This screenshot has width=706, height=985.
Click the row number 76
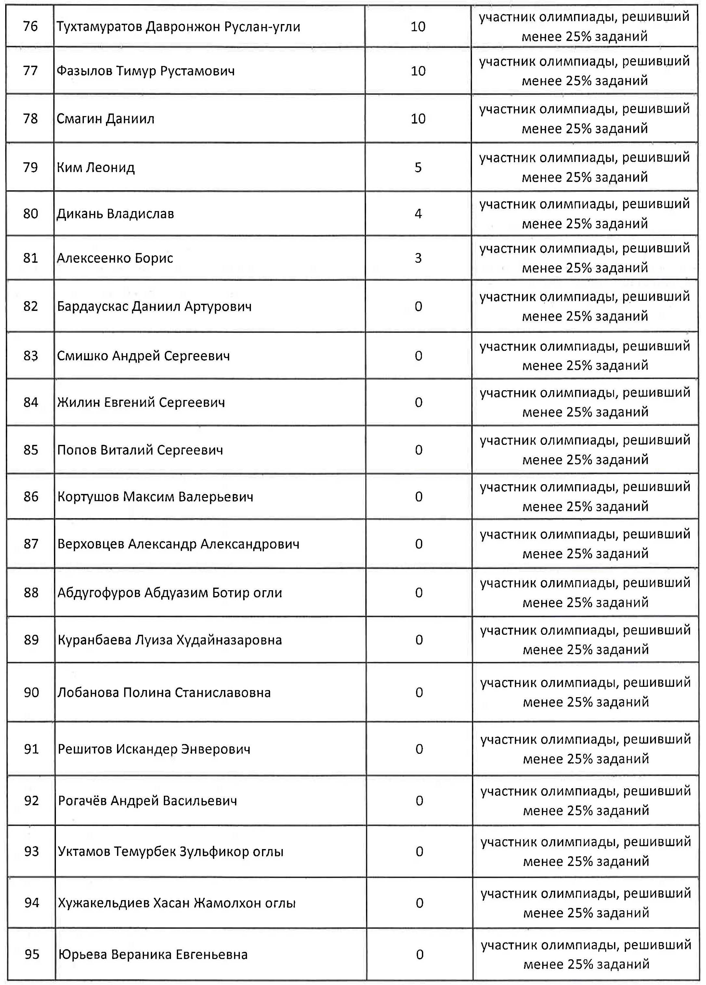pyautogui.click(x=31, y=26)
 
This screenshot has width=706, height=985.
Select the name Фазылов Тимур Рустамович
pyautogui.click(x=145, y=71)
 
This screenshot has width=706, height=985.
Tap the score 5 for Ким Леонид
pyautogui.click(x=418, y=167)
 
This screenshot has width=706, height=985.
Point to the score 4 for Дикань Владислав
pyautogui.click(x=418, y=214)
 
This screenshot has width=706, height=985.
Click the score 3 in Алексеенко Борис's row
pyautogui.click(x=418, y=258)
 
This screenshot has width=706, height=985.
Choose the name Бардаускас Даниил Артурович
pyautogui.click(x=154, y=307)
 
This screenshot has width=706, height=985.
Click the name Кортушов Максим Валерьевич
pyautogui.click(x=155, y=497)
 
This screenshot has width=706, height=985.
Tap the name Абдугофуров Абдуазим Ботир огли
pyautogui.click(x=170, y=592)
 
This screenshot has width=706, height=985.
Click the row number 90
pyautogui.click(x=31, y=692)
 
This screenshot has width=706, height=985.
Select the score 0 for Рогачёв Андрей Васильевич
pyautogui.click(x=419, y=800)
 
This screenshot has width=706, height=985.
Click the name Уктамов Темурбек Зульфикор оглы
pyautogui.click(x=171, y=851)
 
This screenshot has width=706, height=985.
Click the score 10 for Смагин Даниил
pyautogui.click(x=418, y=119)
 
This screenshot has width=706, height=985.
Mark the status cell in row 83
pyautogui.click(x=585, y=356)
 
